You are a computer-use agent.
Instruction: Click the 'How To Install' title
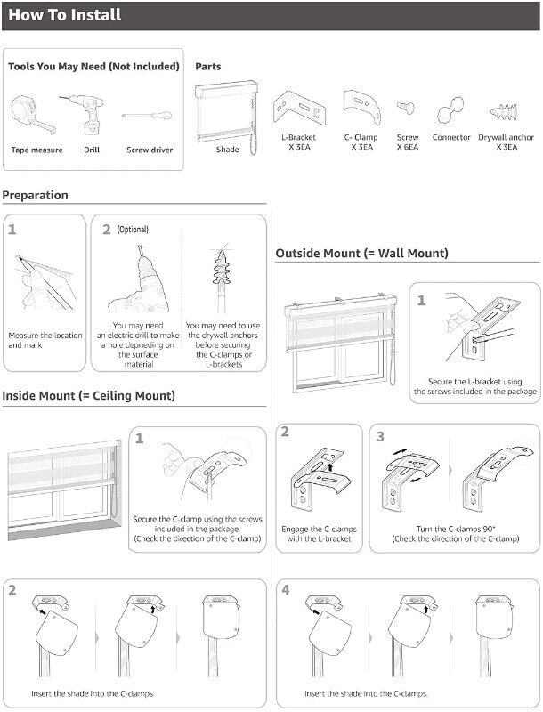click(x=64, y=14)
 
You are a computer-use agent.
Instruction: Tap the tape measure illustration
click(x=32, y=115)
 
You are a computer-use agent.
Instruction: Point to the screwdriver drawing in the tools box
click(x=147, y=116)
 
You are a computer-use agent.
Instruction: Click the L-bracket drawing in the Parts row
click(x=300, y=108)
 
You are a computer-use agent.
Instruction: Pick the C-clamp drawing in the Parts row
click(x=361, y=106)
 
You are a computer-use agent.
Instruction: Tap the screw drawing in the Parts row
click(x=405, y=108)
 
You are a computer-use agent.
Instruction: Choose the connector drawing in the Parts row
click(x=450, y=110)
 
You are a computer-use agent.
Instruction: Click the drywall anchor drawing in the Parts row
click(x=504, y=111)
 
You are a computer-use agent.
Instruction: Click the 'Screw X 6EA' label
click(x=408, y=142)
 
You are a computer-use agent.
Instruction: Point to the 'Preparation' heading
click(x=35, y=195)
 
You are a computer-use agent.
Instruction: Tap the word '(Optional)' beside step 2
click(x=133, y=229)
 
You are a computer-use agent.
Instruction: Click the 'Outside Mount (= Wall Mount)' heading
click(x=361, y=253)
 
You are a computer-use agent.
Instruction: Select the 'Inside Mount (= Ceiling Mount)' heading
click(x=88, y=395)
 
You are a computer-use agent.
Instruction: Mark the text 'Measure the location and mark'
click(x=45, y=340)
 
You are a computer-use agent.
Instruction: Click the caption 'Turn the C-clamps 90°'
click(x=456, y=529)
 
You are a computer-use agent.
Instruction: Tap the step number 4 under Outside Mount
click(x=285, y=590)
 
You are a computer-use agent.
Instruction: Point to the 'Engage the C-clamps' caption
click(x=319, y=529)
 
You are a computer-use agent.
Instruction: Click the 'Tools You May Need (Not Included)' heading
click(x=93, y=66)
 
